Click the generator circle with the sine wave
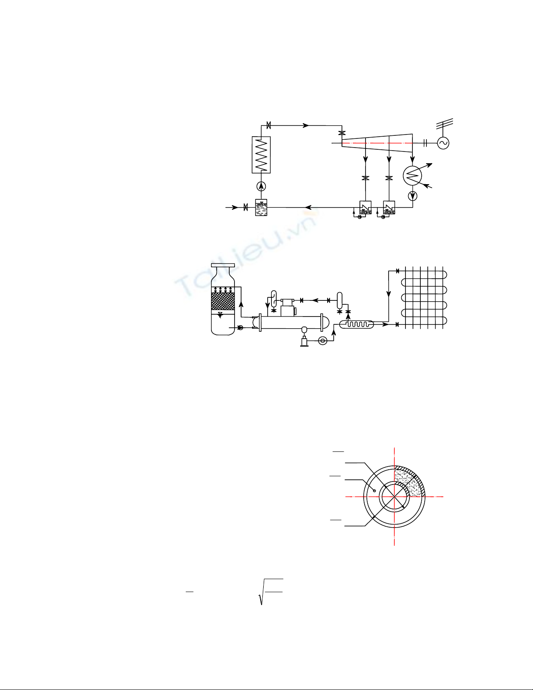[x=443, y=143]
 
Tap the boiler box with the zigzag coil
[x=261, y=155]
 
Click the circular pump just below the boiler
[x=261, y=186]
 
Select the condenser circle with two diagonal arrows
[x=412, y=175]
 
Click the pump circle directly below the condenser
[x=412, y=196]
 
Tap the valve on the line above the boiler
[x=269, y=125]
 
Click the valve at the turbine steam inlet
[x=342, y=133]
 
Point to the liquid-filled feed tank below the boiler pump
[x=261, y=207]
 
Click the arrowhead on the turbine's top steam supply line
[x=305, y=125]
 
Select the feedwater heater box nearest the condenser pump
[x=389, y=207]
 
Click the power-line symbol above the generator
[x=445, y=124]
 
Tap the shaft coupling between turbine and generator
[x=426, y=143]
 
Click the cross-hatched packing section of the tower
[x=223, y=301]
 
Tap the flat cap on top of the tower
[x=223, y=265]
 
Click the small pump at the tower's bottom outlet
[x=240, y=327]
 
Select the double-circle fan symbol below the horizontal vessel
[x=323, y=341]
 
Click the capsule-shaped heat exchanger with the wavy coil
[x=357, y=324]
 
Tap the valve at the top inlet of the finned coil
[x=398, y=271]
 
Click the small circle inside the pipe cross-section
[x=375, y=491]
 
